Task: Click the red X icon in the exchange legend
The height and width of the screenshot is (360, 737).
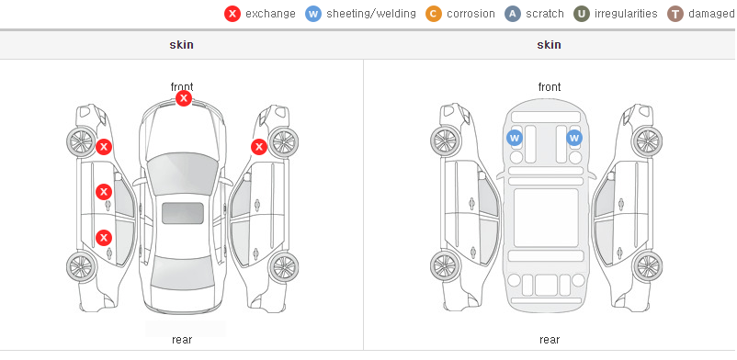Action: [x=232, y=14]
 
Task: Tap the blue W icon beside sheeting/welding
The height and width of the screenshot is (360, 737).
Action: [x=313, y=14]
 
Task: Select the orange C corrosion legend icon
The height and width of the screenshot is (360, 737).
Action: [x=434, y=14]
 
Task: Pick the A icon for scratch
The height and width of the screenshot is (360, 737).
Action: [x=513, y=14]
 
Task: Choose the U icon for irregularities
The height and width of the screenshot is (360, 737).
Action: [x=582, y=14]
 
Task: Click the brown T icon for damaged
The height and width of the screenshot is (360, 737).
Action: [x=675, y=14]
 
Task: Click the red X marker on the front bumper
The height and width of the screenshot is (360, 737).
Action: [x=184, y=98]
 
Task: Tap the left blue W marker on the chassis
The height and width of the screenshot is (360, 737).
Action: [x=515, y=138]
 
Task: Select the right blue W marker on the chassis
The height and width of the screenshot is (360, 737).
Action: [x=574, y=138]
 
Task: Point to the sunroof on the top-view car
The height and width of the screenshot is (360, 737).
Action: [x=183, y=213]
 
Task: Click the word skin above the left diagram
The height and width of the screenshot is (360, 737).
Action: [x=181, y=45]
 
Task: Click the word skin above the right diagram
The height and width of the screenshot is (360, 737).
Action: [x=549, y=45]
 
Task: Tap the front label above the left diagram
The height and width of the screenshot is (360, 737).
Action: [x=182, y=87]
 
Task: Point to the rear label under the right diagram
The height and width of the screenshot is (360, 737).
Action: [x=550, y=340]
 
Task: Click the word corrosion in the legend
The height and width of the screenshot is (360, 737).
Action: [x=471, y=14]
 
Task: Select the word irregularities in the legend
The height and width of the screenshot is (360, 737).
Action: [x=626, y=14]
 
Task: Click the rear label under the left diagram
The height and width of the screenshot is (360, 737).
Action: [x=182, y=340]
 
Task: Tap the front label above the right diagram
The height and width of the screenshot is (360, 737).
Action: [x=550, y=87]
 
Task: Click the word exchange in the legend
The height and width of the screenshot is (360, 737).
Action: [x=270, y=14]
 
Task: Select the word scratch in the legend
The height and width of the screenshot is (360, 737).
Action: [x=545, y=14]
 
